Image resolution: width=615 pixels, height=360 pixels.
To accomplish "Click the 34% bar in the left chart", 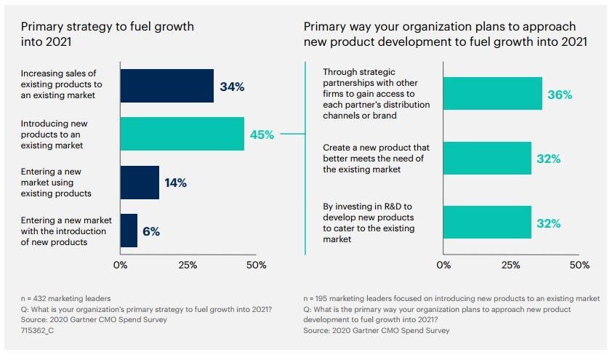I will [x=166, y=86].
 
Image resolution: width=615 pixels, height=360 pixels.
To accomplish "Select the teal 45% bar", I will [x=182, y=134].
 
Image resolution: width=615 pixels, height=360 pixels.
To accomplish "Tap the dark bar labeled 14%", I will [x=140, y=183].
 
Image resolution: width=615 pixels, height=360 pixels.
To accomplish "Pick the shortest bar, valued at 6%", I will [x=129, y=231].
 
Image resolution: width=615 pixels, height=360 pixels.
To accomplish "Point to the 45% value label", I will [x=262, y=135].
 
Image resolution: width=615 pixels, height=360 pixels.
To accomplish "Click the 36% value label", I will [x=560, y=95].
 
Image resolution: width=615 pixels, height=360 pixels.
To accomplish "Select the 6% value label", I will [x=150, y=231].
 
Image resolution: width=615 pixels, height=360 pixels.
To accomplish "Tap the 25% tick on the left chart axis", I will [x=188, y=265].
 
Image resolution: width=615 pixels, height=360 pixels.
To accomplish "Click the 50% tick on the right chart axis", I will [x=579, y=265].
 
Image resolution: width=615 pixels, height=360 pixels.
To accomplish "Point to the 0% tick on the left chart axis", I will [x=120, y=265].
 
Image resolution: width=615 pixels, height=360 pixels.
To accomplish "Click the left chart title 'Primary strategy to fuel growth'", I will [x=108, y=34].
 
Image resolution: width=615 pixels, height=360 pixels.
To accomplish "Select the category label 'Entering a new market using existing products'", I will [x=56, y=183].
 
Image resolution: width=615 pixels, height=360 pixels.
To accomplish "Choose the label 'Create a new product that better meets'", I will [x=376, y=159].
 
